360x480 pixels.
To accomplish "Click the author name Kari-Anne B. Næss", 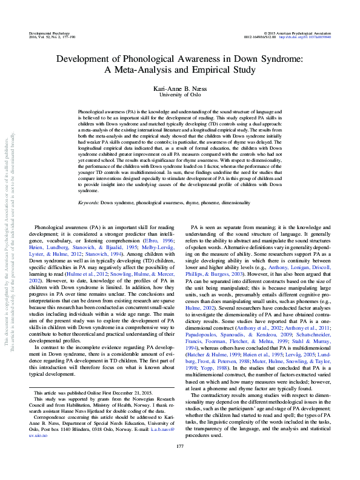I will (x=180, y=88).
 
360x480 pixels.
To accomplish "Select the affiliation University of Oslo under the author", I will (x=180, y=95).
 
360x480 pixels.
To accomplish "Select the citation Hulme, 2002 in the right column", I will (x=205, y=308).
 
